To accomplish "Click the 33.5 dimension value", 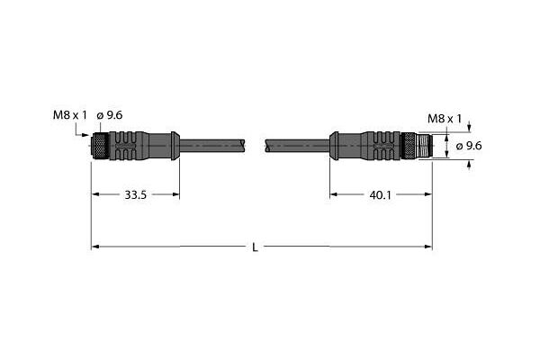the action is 135,195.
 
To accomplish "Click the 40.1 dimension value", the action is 380,195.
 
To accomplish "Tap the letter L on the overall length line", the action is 255,247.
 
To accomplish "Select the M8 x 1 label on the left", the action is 70,115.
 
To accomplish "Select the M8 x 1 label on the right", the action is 445,119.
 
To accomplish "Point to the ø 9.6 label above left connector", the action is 110,115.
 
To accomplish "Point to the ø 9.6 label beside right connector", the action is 469,146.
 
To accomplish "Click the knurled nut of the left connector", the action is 100,146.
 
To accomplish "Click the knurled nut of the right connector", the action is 409,146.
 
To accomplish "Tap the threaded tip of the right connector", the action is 424,146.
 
